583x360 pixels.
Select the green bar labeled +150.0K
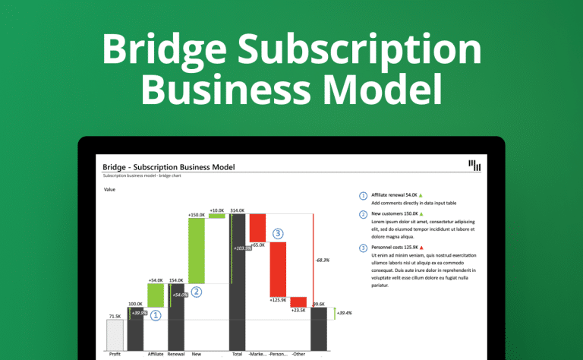click(197, 251)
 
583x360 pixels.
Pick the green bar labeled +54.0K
click(155, 295)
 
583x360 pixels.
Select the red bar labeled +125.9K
click(278, 269)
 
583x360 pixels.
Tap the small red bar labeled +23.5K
click(298, 302)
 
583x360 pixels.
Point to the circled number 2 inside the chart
click(197, 291)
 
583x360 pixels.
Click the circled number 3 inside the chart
click(278, 233)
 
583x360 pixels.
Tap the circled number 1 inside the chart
click(156, 314)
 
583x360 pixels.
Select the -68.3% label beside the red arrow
click(322, 260)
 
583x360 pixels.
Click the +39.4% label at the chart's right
click(344, 313)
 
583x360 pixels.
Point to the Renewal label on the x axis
click(176, 354)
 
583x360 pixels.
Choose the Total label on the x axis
click(237, 354)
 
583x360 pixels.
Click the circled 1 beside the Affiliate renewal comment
click(363, 195)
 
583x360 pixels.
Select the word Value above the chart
click(110, 190)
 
